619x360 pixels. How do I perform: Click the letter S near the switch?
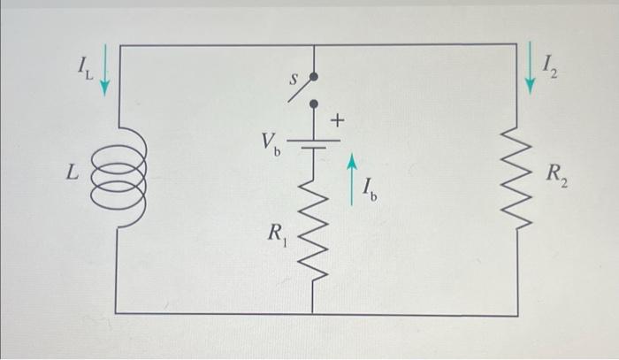click(x=287, y=79)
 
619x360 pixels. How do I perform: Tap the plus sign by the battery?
click(x=339, y=119)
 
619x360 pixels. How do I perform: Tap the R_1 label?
click(x=276, y=236)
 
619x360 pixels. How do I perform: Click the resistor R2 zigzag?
click(x=516, y=177)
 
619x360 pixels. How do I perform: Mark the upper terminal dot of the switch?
click(x=312, y=77)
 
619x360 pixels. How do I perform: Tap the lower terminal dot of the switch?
click(x=312, y=103)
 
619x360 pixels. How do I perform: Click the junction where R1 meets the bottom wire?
click(x=312, y=312)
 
